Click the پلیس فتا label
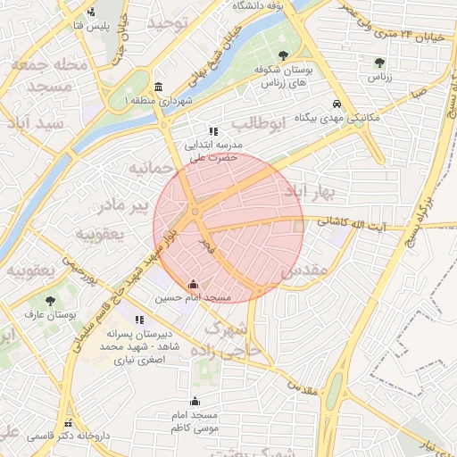point(90,26)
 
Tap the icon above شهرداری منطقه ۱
point(158,87)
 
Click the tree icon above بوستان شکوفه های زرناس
point(283,55)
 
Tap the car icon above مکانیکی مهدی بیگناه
point(336,104)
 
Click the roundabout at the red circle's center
point(195,214)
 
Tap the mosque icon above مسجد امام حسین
point(193,285)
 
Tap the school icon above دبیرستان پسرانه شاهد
point(138,319)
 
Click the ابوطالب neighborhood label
point(261,123)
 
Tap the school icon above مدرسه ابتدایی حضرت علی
point(212,130)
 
